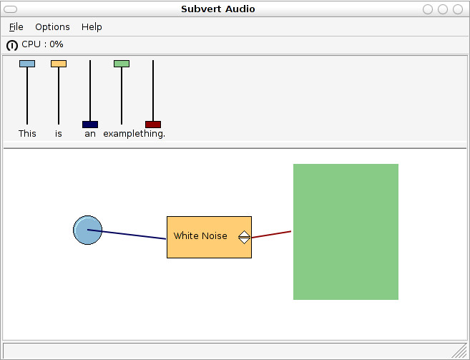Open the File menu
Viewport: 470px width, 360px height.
[16, 26]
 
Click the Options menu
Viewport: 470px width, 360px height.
[52, 26]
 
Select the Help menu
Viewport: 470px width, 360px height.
[92, 26]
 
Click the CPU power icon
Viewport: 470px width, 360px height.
[12, 45]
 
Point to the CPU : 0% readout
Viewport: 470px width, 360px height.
[42, 44]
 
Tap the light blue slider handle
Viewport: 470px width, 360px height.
[27, 64]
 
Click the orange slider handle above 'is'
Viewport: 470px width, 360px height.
[59, 64]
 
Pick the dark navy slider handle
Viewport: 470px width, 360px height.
[90, 125]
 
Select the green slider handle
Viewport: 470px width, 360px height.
[122, 64]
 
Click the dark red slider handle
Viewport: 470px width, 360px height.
[153, 125]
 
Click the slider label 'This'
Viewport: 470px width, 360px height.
[27, 133]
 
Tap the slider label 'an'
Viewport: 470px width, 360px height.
[90, 133]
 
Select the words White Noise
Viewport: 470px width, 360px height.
[200, 236]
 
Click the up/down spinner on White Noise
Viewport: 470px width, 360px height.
[244, 237]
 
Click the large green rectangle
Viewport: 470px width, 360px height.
[346, 232]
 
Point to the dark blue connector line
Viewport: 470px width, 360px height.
[132, 235]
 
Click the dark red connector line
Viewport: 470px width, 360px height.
[272, 235]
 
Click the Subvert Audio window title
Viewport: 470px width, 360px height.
[217, 9]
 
